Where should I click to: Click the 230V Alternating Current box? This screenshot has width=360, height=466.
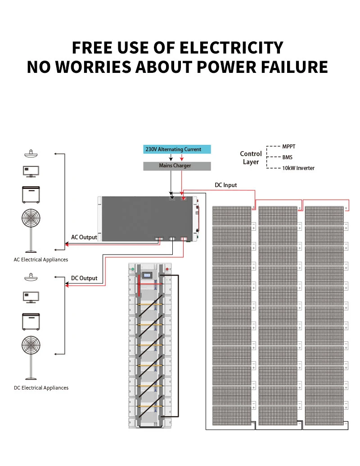tap(177, 149)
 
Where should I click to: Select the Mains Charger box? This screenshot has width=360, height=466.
tap(177, 166)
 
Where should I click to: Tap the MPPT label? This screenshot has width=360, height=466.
tap(289, 147)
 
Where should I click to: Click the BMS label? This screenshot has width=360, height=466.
tap(287, 157)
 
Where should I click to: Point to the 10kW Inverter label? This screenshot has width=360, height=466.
tap(298, 168)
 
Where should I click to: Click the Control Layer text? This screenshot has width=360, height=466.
tap(251, 157)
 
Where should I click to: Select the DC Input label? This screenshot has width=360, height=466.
tap(225, 185)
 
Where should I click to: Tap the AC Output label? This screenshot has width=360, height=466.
tap(84, 237)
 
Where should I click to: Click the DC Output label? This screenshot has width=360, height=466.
tap(84, 278)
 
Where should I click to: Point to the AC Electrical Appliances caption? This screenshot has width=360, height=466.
tap(41, 260)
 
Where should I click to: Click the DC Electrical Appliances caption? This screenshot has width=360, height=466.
tap(41, 388)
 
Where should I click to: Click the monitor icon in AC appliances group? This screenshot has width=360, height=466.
tap(31, 171)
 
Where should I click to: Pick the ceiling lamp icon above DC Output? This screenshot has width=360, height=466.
tap(31, 276)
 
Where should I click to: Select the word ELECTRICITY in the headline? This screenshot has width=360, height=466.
tap(231, 48)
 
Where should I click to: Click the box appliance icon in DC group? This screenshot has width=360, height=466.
tap(31, 321)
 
